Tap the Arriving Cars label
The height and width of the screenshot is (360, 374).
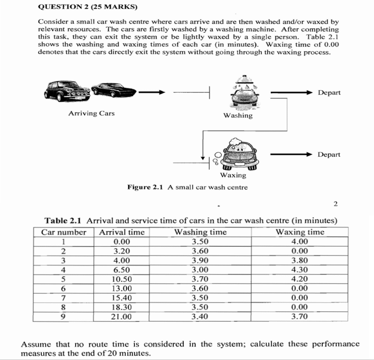coord(91,113)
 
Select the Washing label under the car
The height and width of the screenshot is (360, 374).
coord(238,116)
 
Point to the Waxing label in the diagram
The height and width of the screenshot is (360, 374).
coord(233,175)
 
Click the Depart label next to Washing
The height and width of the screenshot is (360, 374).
coord(329,93)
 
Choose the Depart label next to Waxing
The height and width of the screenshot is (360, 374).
coord(329,154)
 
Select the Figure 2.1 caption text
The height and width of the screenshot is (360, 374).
coord(187,188)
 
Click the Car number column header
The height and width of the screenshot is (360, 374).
coord(64,232)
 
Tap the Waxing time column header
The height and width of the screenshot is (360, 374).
coord(301,232)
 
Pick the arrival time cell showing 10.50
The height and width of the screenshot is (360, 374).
coord(122,279)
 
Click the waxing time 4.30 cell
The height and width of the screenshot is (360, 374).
coord(300,269)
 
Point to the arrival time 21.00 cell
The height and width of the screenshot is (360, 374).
coord(122,316)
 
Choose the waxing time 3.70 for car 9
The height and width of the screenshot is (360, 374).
coord(300,316)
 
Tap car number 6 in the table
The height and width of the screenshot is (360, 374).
coord(64,288)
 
